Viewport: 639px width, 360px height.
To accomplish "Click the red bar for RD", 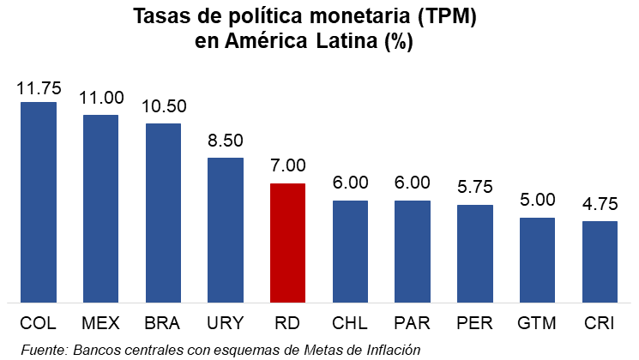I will point(288,243).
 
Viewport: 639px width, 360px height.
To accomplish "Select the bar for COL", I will point(39,202).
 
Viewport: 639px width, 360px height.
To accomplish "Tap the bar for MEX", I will point(101,208).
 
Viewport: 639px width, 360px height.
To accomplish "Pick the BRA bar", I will point(163,213).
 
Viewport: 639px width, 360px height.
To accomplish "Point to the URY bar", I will point(226,230).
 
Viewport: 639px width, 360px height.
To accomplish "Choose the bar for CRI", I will point(600,261).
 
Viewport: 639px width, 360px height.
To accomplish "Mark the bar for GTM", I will point(537,260).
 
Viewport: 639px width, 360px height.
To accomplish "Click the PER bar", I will point(474,253).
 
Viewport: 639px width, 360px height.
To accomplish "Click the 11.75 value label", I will point(39,88).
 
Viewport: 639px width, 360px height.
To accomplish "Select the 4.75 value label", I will point(600,206).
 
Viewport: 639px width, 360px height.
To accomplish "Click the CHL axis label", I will point(350,323).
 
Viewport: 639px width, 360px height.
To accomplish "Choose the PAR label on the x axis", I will point(413,323).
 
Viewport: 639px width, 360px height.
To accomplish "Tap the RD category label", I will point(288,323).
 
